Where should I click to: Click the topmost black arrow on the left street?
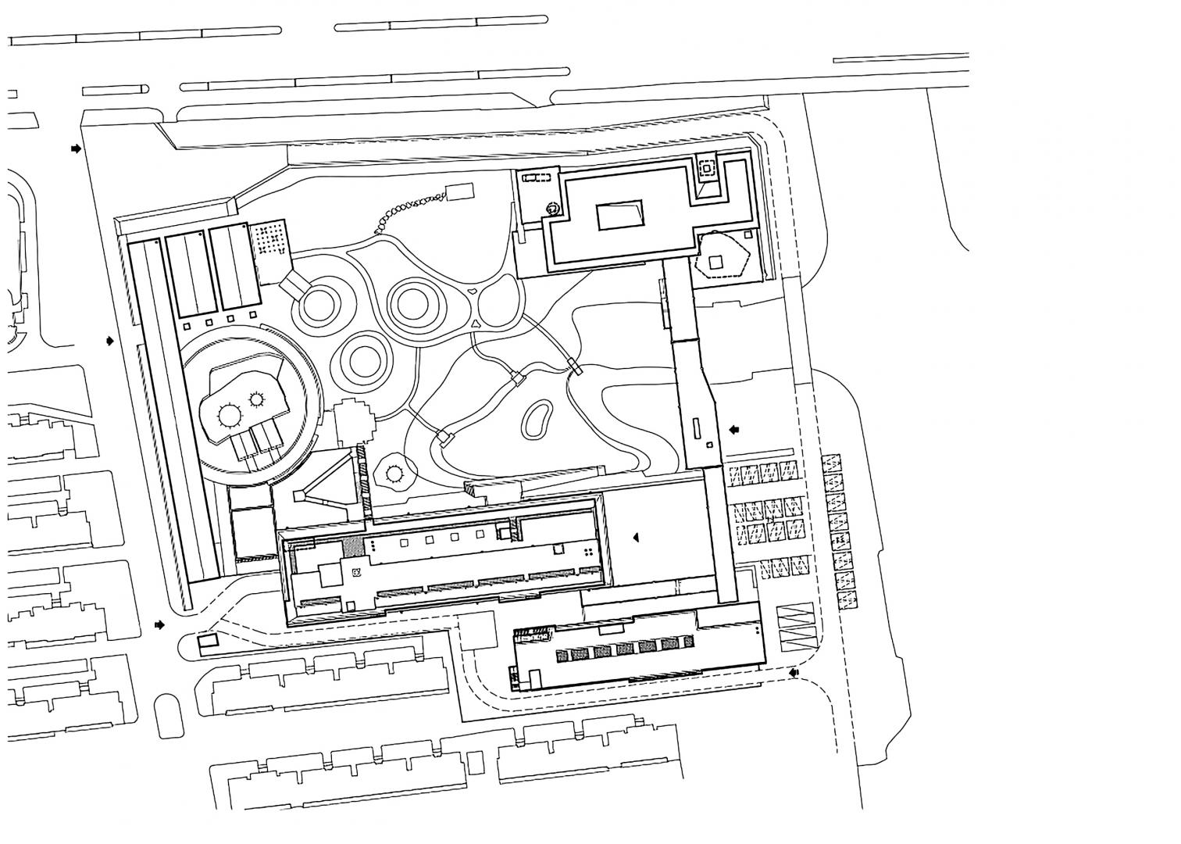tap(76, 148)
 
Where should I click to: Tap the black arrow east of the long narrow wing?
tap(733, 429)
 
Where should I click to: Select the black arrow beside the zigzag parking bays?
tap(794, 672)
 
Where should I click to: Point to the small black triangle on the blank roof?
tap(636, 538)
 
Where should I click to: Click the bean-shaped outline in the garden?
tap(536, 420)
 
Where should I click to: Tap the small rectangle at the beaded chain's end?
tap(459, 191)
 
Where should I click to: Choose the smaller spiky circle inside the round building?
tap(257, 399)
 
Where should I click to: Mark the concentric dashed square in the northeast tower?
tap(706, 168)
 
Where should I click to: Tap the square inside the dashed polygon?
tap(715, 263)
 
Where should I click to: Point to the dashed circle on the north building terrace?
tap(552, 208)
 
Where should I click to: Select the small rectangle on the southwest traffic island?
tap(208, 644)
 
